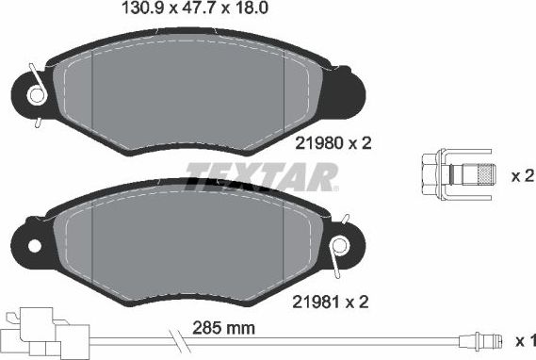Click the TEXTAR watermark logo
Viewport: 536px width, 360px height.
(x=261, y=176)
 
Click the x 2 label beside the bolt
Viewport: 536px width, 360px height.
(x=522, y=175)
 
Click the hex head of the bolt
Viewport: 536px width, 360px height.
(x=430, y=175)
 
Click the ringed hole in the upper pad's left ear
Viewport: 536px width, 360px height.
(x=37, y=95)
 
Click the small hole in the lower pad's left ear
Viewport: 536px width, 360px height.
(x=36, y=246)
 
